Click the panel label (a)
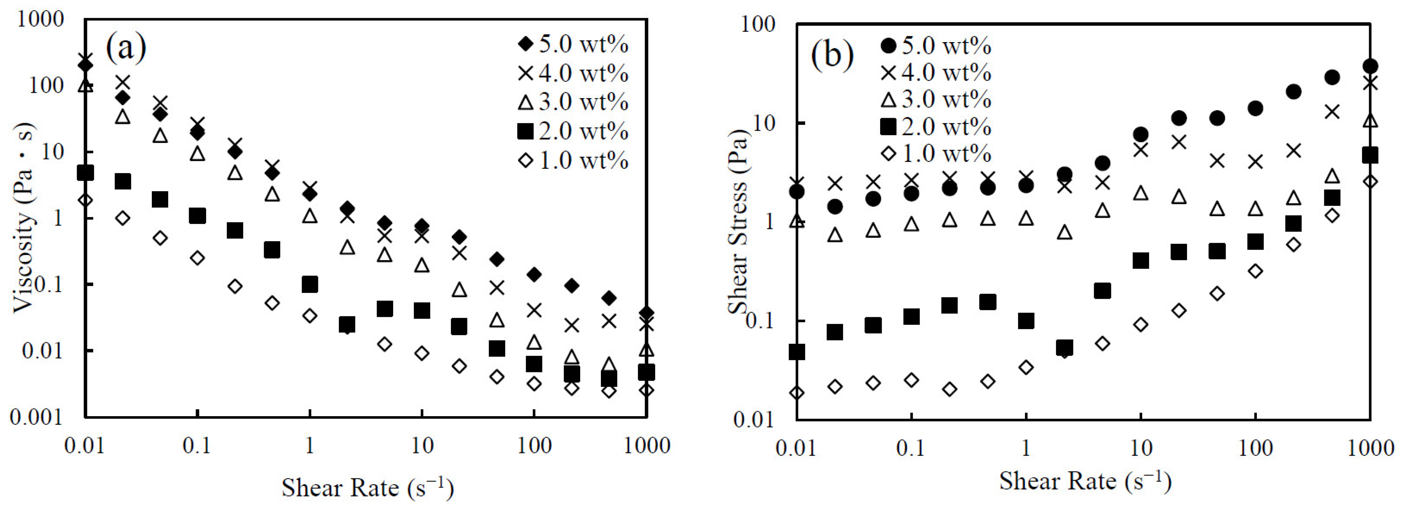pos(126,48)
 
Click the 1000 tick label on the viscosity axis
pos(41,20)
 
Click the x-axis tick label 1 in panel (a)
pos(310,446)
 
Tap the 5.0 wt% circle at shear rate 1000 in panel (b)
pos(1370,67)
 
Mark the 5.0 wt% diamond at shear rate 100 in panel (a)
pos(534,275)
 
